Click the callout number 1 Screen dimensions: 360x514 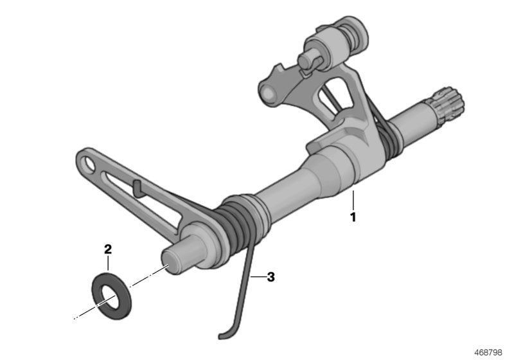[352, 217]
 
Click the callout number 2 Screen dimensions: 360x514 [108, 249]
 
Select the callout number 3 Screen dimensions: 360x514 [270, 277]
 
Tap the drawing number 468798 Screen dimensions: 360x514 [490, 352]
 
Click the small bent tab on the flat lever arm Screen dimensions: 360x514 [137, 188]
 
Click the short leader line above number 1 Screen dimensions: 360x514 [353, 199]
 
